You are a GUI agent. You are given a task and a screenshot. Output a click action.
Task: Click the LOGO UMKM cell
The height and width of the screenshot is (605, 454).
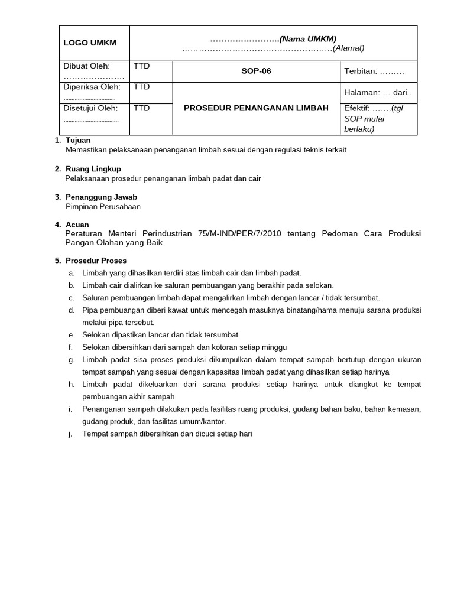tap(90, 43)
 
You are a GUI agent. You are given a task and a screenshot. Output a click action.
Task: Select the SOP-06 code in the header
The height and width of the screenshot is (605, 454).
tap(257, 71)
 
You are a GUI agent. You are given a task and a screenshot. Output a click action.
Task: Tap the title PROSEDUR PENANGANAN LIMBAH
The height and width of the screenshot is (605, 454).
tap(257, 108)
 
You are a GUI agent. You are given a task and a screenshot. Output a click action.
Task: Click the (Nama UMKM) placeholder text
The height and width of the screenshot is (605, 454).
tap(307, 38)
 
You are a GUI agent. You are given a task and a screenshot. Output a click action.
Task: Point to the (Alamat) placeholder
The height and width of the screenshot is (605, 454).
tap(349, 48)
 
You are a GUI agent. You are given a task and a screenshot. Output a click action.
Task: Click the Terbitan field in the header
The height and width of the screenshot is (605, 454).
tap(374, 71)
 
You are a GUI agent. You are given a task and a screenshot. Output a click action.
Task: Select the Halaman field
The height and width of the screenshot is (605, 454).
tap(378, 92)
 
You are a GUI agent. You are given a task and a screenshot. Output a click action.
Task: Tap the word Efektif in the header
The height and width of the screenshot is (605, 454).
tap(356, 108)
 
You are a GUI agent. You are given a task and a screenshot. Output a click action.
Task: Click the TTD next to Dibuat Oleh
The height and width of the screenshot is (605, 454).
tap(142, 66)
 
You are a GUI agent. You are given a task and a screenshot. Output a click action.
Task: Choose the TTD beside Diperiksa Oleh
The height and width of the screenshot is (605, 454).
tap(142, 87)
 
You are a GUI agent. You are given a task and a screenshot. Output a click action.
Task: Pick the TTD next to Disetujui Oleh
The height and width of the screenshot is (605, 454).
tap(142, 108)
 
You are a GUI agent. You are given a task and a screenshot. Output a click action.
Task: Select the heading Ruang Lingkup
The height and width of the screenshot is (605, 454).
tap(93, 169)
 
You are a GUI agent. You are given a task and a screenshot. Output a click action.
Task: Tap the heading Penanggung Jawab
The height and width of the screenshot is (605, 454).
tap(102, 197)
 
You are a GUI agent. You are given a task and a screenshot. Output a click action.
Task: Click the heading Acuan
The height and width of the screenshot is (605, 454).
tap(77, 225)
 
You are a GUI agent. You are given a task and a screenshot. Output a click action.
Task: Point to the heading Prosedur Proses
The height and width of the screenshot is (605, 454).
tap(96, 261)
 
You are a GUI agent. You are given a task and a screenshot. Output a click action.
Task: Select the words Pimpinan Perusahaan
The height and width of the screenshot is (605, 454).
tap(103, 207)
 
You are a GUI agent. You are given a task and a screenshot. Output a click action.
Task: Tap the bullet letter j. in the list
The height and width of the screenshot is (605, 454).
tap(71, 434)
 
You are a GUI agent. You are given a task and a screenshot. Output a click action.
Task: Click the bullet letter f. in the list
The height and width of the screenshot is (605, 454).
tap(71, 347)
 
